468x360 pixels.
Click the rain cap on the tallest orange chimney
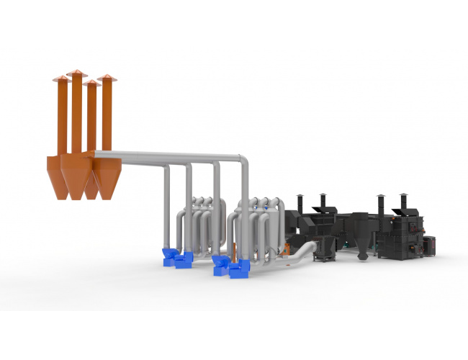click(x=76, y=73)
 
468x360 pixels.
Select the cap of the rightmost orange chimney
click(x=107, y=77)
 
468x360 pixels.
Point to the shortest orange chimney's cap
click(x=91, y=84)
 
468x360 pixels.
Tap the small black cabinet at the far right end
click(x=430, y=245)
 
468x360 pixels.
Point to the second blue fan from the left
click(x=184, y=258)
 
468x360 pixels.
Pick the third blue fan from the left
click(x=220, y=262)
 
